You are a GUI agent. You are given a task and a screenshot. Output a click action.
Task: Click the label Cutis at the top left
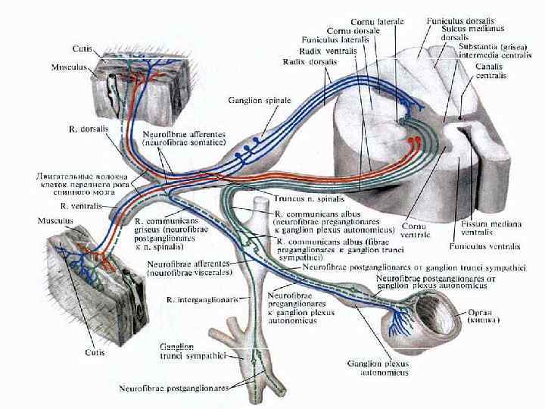[x=83, y=48]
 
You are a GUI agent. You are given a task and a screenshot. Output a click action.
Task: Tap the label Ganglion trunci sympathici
[x=193, y=351]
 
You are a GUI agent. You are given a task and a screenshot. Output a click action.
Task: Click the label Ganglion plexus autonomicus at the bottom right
[x=378, y=368]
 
